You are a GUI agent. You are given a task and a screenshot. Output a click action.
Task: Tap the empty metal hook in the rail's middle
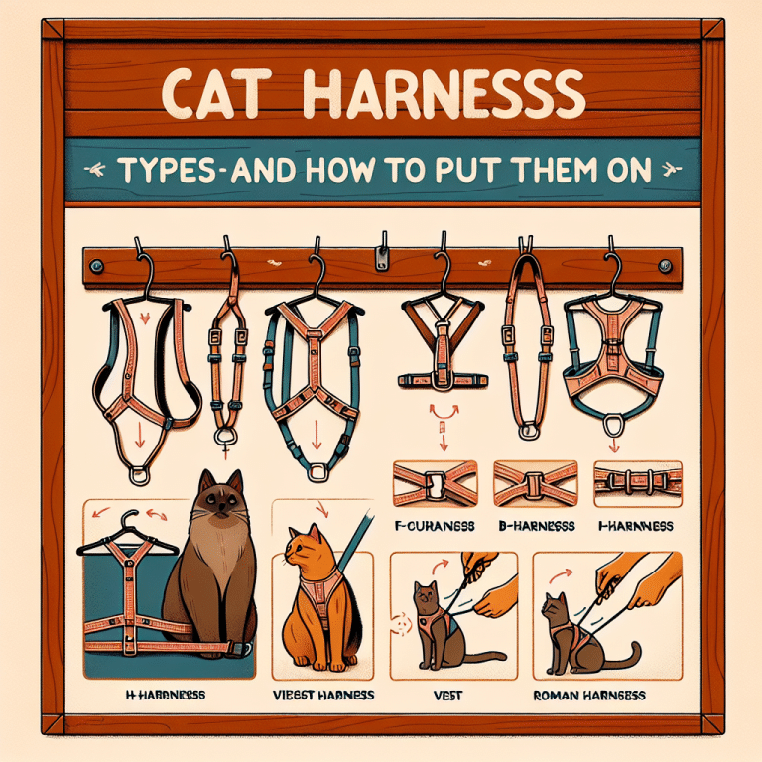[381, 256]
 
